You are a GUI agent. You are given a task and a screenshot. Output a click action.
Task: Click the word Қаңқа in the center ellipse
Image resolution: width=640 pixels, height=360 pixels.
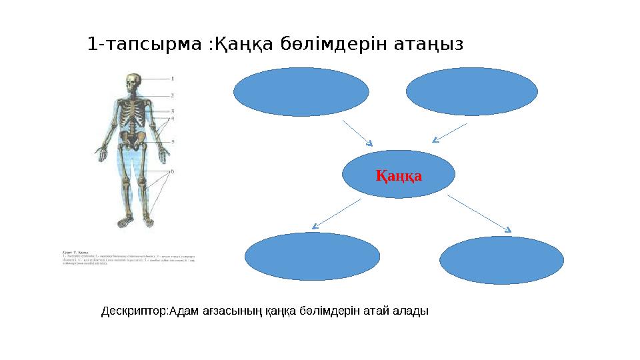point(399,176)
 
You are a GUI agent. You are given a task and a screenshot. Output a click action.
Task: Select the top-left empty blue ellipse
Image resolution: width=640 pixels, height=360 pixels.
point(301,92)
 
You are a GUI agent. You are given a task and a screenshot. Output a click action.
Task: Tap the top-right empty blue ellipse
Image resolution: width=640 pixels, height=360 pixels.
point(471,91)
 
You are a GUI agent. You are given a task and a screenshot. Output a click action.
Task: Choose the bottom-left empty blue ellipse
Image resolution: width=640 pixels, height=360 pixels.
point(313,256)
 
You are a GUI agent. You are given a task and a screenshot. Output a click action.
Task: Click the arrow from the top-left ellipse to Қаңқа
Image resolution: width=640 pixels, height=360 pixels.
point(357,133)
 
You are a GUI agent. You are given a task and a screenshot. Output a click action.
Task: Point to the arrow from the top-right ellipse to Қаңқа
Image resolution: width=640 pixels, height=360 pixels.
point(449,133)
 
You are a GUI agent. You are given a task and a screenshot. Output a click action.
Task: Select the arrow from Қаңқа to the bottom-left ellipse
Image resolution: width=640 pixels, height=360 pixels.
point(337,213)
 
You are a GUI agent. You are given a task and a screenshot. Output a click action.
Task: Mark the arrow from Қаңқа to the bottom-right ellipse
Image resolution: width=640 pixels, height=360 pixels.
point(479,213)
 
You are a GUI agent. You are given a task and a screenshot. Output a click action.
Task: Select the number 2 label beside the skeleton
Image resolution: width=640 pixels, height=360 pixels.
point(173,95)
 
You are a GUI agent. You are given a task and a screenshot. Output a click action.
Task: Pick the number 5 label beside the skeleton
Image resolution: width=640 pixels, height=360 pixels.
point(173,141)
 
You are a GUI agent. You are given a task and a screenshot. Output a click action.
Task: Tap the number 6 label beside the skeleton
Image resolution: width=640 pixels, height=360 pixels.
point(173,171)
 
